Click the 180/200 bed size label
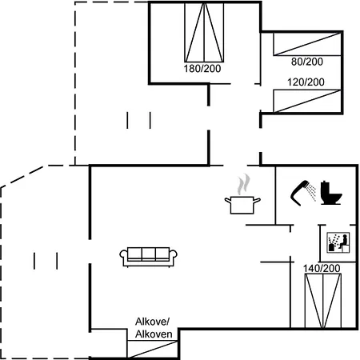tap(202, 69)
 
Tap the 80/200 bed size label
tap(307, 62)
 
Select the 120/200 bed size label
tap(306, 82)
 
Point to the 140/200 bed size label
tap(322, 268)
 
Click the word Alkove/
tap(152, 322)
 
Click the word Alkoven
tap(154, 334)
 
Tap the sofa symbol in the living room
tap(149, 257)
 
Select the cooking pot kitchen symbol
tap(242, 205)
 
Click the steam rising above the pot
tap(244, 184)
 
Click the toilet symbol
tap(330, 193)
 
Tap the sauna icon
tap(338, 242)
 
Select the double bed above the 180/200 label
tap(204, 33)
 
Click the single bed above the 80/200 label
tap(307, 44)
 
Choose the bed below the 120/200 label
tap(307, 101)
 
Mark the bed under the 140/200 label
tap(323, 301)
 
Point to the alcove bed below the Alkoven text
tap(152, 349)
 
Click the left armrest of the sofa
tap(123, 256)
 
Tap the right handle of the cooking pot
tap(257, 200)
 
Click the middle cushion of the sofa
tap(149, 254)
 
